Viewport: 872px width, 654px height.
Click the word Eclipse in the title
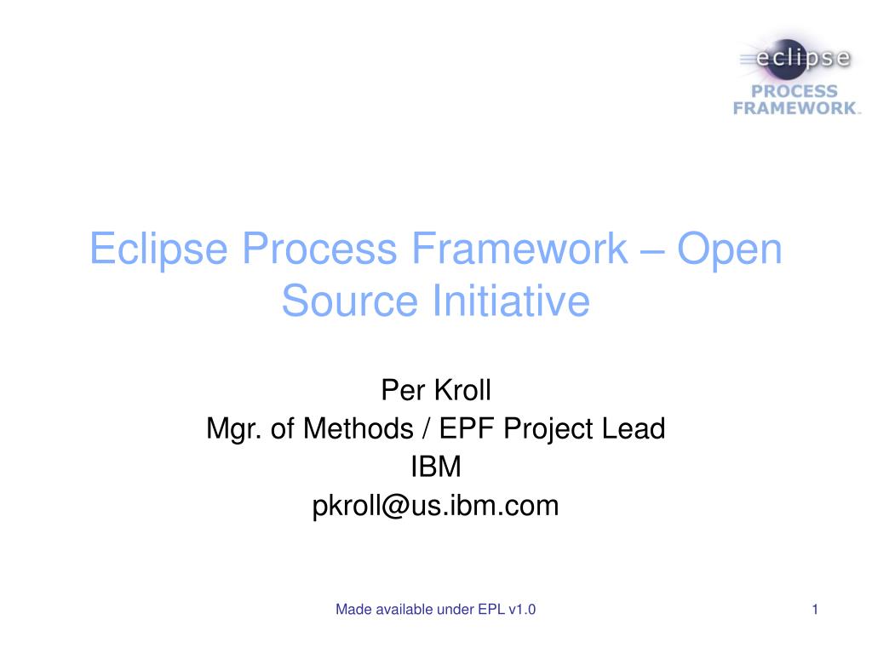tap(160, 249)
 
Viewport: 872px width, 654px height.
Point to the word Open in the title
tap(729, 249)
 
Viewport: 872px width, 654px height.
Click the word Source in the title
tap(350, 301)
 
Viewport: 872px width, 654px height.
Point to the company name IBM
tap(436, 468)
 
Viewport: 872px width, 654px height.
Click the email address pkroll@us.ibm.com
tap(436, 506)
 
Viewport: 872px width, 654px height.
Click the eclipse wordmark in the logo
tap(804, 60)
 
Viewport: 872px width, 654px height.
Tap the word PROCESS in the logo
tap(794, 91)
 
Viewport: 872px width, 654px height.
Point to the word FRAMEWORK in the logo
tap(795, 108)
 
